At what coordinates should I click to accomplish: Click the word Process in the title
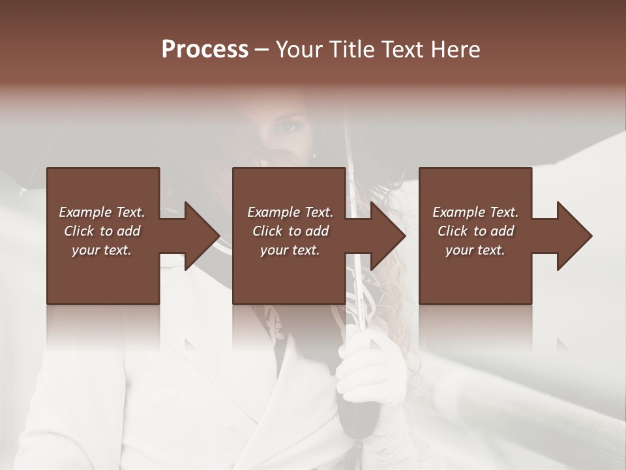point(205,50)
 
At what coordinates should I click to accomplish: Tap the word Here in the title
point(456,50)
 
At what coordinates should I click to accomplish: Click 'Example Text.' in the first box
point(102,212)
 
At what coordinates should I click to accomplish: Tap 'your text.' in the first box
point(102,250)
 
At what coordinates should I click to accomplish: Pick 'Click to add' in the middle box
point(290,231)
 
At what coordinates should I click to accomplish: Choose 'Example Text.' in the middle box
point(290,212)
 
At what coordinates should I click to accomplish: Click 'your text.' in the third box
point(475,250)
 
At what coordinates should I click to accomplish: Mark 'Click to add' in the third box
point(475,231)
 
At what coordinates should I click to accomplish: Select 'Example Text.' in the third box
point(475,212)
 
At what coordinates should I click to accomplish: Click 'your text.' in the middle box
point(290,250)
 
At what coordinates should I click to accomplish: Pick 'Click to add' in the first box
point(102,231)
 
